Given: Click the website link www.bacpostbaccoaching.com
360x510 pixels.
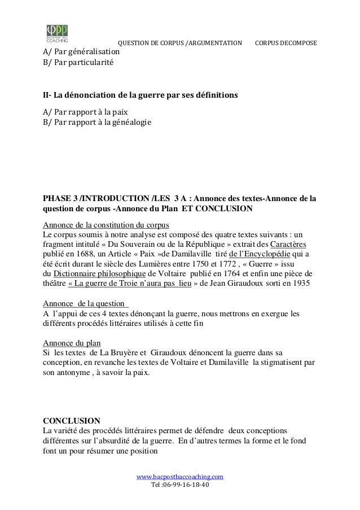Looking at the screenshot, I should coord(180,477).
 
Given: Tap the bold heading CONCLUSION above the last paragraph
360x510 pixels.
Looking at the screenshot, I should coord(72,421).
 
